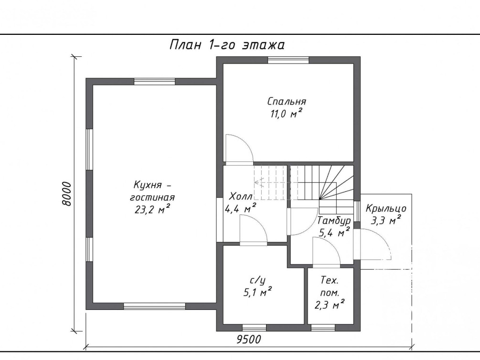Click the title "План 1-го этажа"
(227, 45)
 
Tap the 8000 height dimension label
(66, 194)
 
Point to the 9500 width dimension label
(249, 339)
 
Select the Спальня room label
(287, 101)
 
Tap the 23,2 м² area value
(152, 210)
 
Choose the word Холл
(241, 196)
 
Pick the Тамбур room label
(334, 221)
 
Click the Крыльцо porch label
(386, 209)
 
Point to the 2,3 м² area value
(330, 305)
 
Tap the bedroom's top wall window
(288, 60)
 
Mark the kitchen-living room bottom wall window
(155, 306)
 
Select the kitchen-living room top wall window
(155, 82)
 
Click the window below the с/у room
(254, 328)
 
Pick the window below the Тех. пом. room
(323, 328)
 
